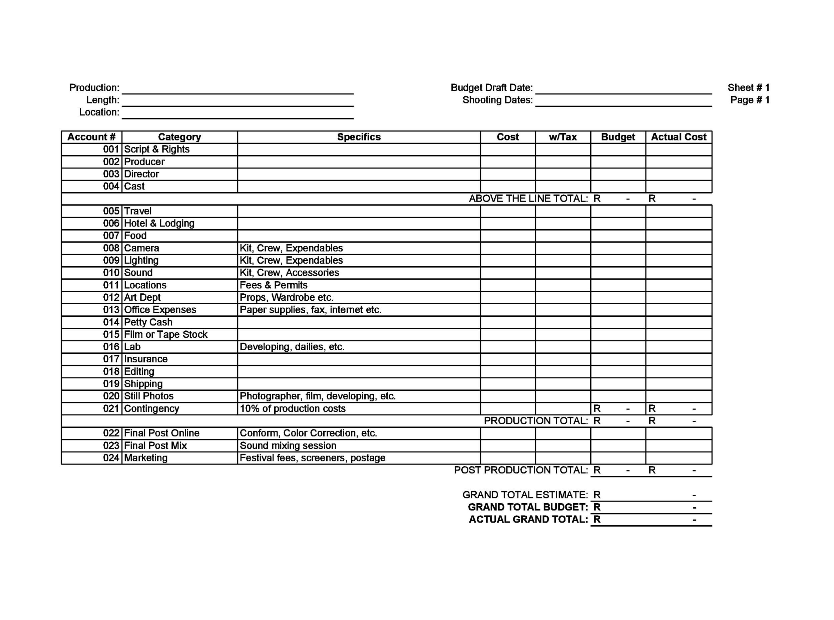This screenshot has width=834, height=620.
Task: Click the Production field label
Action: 94,88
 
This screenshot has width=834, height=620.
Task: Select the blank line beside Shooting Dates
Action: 623,100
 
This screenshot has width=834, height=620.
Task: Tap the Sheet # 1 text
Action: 748,88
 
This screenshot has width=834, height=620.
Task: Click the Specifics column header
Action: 359,137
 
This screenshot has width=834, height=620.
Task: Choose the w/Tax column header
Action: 562,137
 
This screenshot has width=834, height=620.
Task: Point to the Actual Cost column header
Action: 678,137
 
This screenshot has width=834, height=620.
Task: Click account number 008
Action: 111,248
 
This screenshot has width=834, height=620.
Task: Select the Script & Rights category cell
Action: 157,149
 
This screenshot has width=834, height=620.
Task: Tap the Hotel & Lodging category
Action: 159,223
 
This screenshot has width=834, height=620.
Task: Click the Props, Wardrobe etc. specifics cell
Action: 286,298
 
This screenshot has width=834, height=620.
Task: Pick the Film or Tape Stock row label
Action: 165,334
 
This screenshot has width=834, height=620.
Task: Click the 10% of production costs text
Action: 292,408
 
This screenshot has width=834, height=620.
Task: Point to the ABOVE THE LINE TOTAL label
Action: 528,199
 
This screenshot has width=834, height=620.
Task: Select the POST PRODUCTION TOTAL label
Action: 520,470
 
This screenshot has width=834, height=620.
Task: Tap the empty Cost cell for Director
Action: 508,174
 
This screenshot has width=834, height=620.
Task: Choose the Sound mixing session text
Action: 288,445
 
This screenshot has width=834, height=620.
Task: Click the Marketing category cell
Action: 145,458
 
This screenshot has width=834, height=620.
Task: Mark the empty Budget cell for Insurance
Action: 618,359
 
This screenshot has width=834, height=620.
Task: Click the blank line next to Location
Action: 238,113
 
